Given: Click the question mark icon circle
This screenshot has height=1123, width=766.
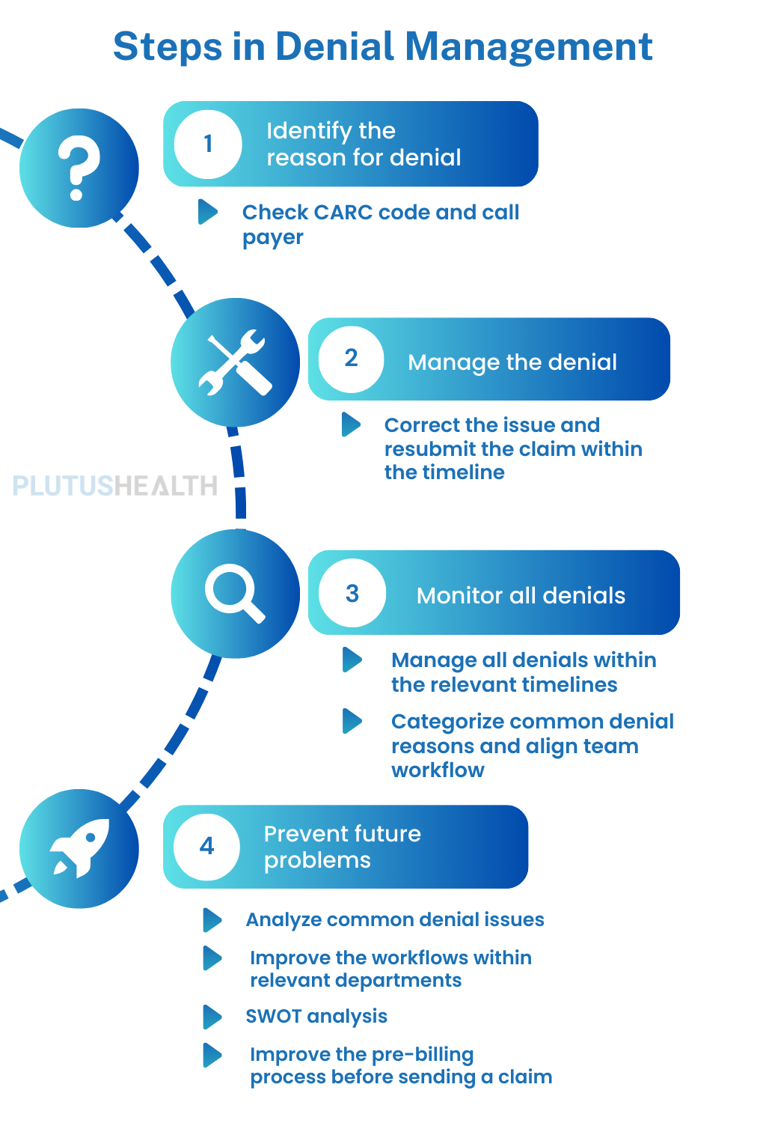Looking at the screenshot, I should pos(79,168).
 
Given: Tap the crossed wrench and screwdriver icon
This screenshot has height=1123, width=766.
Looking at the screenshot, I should pos(235,362).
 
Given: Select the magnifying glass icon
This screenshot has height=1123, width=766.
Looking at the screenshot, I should pos(235,594).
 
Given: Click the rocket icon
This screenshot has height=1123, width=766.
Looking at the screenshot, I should pos(79,848).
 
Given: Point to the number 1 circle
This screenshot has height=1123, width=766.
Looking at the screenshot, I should pos(208,144).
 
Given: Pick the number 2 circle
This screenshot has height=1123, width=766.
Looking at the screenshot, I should pos(351,359).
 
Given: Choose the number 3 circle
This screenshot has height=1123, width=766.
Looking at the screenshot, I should pos(352,594).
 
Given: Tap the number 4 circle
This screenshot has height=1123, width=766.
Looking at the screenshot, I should pos(207,846).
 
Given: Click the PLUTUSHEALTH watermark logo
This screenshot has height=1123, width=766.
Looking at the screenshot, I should pos(115,486).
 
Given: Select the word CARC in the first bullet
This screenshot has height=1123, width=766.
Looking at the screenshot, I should pos(344,213).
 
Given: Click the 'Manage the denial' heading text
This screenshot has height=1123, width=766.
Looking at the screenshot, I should pos(512,362).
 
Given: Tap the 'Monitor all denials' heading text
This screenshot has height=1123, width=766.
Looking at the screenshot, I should pos(521,596).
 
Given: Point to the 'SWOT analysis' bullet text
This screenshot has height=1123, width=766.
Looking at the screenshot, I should pos(316,1016).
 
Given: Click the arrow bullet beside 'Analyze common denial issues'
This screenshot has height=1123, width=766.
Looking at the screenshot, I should pos(212,919).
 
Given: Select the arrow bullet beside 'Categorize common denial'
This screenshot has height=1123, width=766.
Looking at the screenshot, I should pos(352,721).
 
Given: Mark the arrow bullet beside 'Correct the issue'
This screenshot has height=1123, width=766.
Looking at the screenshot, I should pos(351,424).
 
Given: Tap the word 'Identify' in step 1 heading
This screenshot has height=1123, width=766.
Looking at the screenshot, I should pos(309,131).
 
